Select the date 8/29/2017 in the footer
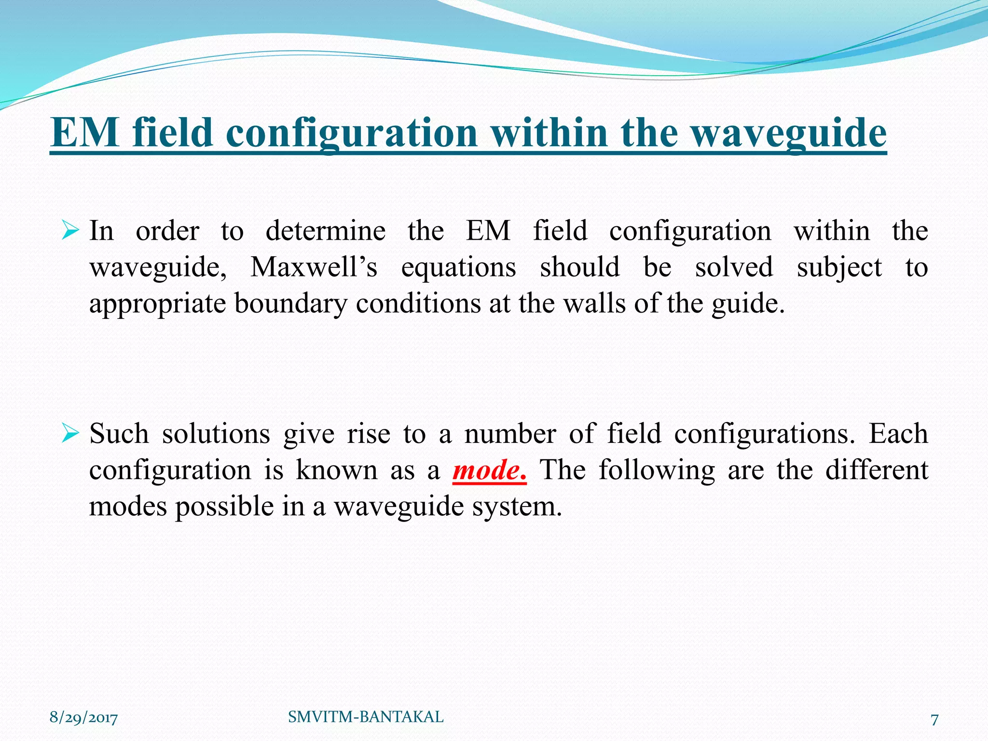click(83, 718)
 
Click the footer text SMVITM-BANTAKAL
click(366, 717)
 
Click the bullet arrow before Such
click(70, 434)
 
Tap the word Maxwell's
click(314, 267)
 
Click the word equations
click(458, 268)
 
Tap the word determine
click(326, 231)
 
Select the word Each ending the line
click(898, 433)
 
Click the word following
click(657, 470)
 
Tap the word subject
click(839, 268)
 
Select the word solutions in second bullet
click(216, 433)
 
